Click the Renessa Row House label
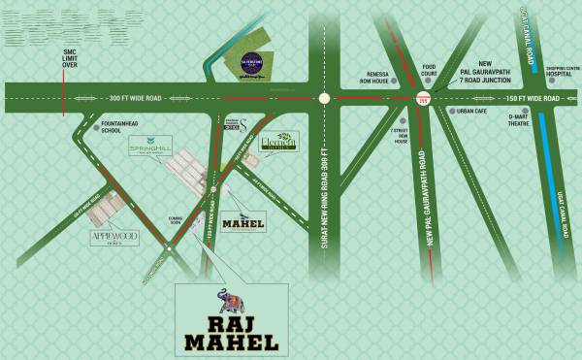pyautogui.click(x=383, y=79)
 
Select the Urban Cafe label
pyautogui.click(x=472, y=111)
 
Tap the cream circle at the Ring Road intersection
pyautogui.click(x=325, y=98)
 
